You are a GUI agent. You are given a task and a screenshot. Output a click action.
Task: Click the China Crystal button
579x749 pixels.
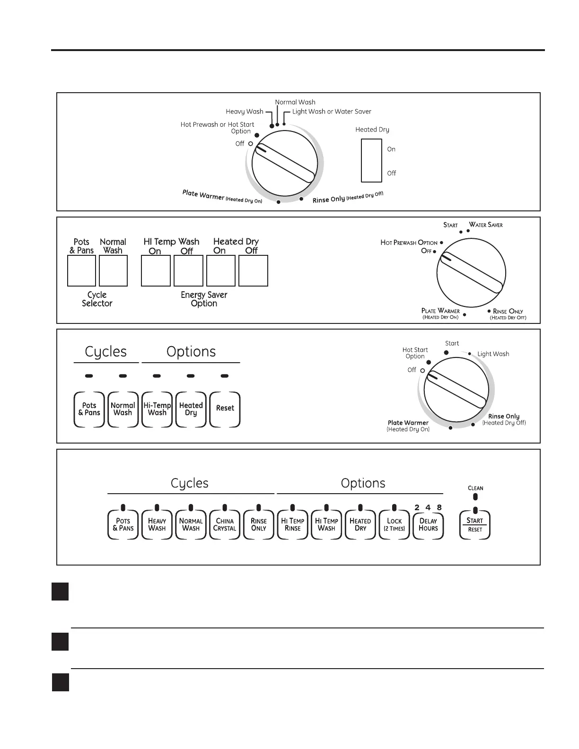pos(225,524)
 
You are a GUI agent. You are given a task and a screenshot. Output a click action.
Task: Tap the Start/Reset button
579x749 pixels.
pos(475,524)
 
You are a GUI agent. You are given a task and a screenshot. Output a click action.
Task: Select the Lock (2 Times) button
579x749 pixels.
pos(394,524)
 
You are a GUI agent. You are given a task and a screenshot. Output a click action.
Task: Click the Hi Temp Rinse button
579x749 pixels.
pos(292,524)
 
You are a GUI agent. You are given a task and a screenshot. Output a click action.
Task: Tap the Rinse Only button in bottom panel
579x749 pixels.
pos(259,524)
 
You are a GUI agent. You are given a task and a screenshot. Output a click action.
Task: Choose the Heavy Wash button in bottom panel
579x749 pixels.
pos(157,524)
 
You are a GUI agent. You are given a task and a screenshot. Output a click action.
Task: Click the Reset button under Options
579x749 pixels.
pos(225,409)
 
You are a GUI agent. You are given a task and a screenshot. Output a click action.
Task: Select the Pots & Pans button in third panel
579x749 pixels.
pos(89,409)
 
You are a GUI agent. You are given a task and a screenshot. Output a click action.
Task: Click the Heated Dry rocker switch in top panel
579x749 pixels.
pos(371,160)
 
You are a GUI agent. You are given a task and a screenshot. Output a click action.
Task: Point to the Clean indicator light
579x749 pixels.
pos(475,497)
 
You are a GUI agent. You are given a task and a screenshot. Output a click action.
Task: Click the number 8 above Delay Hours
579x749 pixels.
pos(439,508)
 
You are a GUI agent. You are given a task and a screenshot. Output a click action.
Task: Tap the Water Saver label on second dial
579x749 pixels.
pos(486,225)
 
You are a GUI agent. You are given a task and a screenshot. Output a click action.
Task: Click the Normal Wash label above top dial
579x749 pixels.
pos(295,102)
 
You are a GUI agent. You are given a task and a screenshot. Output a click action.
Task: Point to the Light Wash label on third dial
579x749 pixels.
pos(493,354)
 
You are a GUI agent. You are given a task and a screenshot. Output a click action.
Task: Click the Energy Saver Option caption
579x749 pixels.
pos(204,299)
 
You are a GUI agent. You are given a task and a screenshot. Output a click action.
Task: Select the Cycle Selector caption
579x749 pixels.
pos(97,299)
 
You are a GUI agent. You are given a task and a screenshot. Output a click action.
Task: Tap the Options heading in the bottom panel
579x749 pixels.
pos(363,483)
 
